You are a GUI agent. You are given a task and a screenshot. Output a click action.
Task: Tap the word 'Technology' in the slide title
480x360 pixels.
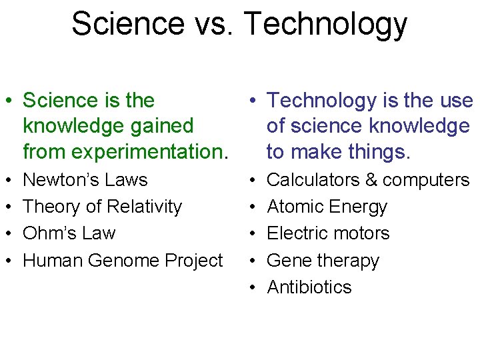(325, 24)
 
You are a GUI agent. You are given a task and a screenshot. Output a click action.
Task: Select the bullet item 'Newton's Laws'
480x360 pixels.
(85, 180)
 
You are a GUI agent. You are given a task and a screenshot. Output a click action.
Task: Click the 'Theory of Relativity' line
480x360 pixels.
(102, 207)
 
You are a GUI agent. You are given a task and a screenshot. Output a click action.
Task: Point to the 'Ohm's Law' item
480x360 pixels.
(69, 233)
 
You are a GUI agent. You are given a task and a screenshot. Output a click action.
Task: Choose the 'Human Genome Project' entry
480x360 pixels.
(123, 261)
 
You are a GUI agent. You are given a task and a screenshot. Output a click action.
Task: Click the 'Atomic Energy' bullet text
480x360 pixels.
(327, 207)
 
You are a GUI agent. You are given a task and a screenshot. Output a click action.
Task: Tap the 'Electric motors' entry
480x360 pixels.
(328, 233)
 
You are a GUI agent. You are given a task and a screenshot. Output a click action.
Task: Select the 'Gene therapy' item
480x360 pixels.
(323, 261)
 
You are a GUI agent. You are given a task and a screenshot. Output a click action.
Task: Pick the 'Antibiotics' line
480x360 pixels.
(309, 287)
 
